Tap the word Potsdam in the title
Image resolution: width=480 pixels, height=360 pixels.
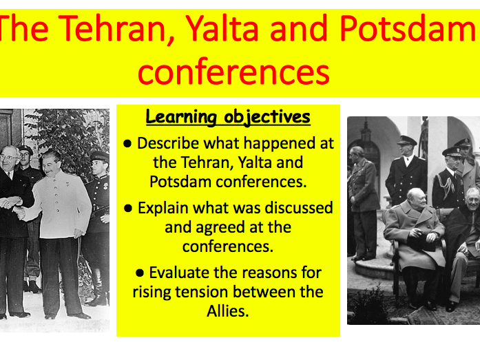click(x=407, y=30)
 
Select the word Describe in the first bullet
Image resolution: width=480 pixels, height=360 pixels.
click(x=165, y=143)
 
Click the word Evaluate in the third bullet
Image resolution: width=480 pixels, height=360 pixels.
click(x=179, y=273)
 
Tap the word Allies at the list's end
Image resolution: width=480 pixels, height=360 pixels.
click(x=227, y=311)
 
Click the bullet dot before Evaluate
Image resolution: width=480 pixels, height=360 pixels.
click(x=143, y=273)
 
